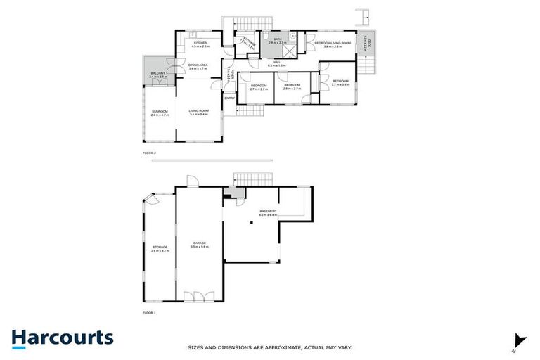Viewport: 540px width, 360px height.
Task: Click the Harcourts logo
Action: point(62,337)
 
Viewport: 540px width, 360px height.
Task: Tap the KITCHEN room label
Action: point(201,44)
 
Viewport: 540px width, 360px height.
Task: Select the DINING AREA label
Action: point(197,67)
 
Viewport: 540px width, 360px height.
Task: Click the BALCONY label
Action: point(158,75)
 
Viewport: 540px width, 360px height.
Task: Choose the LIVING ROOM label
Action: point(199,112)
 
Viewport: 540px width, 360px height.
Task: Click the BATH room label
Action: point(277,41)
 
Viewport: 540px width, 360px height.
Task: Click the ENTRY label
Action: point(229,98)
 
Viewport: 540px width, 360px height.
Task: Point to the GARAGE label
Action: point(199,244)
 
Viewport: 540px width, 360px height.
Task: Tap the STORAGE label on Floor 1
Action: point(160,248)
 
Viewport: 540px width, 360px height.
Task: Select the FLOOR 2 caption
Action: point(149,153)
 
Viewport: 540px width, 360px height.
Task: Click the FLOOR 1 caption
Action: point(149,312)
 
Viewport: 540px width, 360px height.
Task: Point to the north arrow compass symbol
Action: point(519,340)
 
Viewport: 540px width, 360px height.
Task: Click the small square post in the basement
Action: point(252,224)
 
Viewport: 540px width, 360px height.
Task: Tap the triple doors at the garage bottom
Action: point(199,297)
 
